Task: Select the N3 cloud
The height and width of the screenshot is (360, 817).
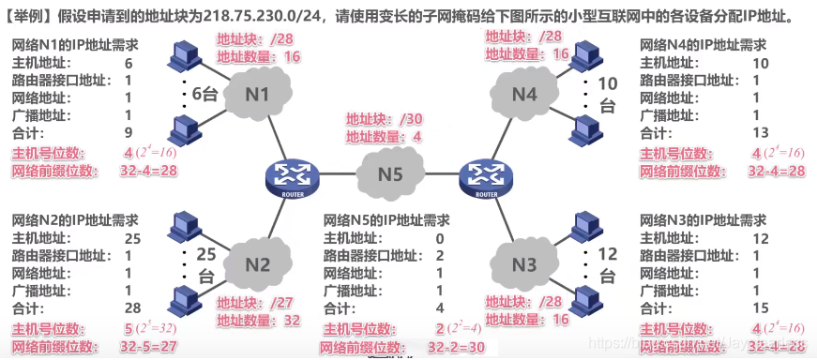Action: tap(524, 264)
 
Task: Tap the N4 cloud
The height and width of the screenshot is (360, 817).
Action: tap(525, 95)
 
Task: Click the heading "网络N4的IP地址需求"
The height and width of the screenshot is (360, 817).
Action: tap(703, 45)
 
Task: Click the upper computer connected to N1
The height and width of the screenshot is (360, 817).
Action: tap(184, 56)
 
